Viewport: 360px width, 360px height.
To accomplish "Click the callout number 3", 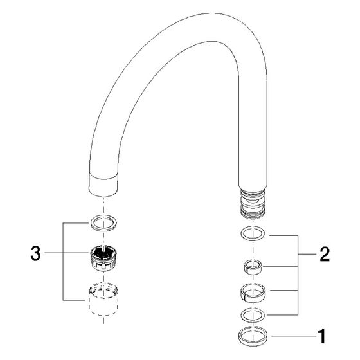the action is click(x=35, y=253).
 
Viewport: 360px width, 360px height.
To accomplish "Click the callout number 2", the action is click(x=325, y=254).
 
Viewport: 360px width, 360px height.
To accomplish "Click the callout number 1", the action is click(x=322, y=336).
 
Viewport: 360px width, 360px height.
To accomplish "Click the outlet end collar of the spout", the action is click(x=104, y=185).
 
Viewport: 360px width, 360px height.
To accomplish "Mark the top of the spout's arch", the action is click(x=212, y=14).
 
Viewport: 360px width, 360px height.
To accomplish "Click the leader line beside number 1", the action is click(x=294, y=336).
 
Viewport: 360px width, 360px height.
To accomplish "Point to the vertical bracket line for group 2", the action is click(x=298, y=275).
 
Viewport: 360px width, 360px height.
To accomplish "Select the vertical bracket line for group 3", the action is click(x=63, y=262).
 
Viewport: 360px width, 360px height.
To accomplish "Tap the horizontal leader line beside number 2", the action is click(x=307, y=254).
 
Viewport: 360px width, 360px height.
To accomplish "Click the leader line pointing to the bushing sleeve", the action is click(x=280, y=267).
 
